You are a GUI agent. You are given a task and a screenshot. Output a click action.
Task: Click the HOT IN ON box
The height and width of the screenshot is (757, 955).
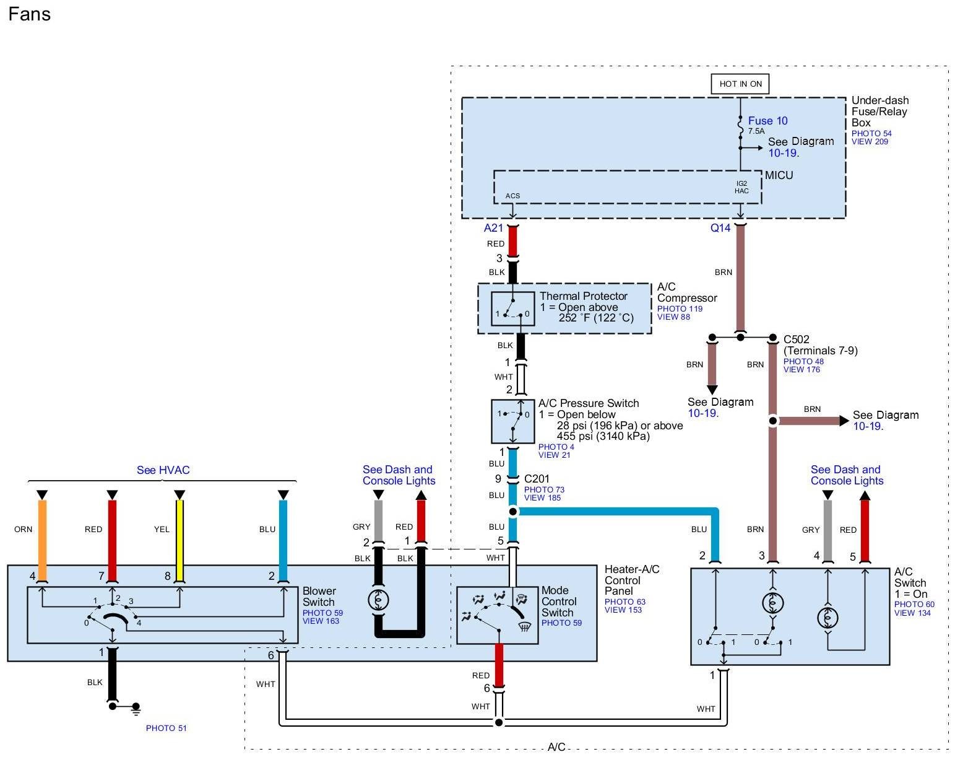click(740, 84)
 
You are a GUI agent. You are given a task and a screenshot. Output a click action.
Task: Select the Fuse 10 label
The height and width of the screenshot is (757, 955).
click(767, 121)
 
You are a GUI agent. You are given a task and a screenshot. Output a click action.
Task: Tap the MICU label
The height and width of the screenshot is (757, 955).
click(779, 175)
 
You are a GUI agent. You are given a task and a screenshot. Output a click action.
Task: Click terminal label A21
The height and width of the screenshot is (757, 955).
click(494, 228)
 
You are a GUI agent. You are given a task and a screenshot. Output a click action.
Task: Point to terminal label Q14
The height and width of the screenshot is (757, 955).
click(720, 228)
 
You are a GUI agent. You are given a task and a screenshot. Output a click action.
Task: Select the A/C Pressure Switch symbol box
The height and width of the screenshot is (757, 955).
click(512, 421)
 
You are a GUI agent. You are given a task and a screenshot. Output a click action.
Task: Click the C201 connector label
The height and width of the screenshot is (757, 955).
click(537, 479)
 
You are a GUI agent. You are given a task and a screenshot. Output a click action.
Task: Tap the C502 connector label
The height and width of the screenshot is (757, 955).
click(796, 339)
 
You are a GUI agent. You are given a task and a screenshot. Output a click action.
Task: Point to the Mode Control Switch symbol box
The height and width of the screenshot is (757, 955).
click(497, 615)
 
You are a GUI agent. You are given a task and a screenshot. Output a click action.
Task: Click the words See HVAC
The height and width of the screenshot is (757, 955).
click(163, 470)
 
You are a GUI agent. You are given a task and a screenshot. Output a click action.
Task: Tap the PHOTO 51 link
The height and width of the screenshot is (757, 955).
click(166, 728)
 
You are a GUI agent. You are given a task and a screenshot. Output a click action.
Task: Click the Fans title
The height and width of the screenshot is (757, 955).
click(29, 14)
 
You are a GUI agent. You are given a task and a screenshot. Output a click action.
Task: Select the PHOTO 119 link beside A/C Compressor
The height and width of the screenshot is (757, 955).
click(680, 308)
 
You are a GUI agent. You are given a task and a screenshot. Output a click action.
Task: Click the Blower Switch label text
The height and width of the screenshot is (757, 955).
click(319, 597)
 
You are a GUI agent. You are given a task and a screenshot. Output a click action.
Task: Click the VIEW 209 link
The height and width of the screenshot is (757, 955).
click(870, 142)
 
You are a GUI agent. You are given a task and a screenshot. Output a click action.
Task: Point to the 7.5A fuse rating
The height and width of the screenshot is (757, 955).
click(756, 131)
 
